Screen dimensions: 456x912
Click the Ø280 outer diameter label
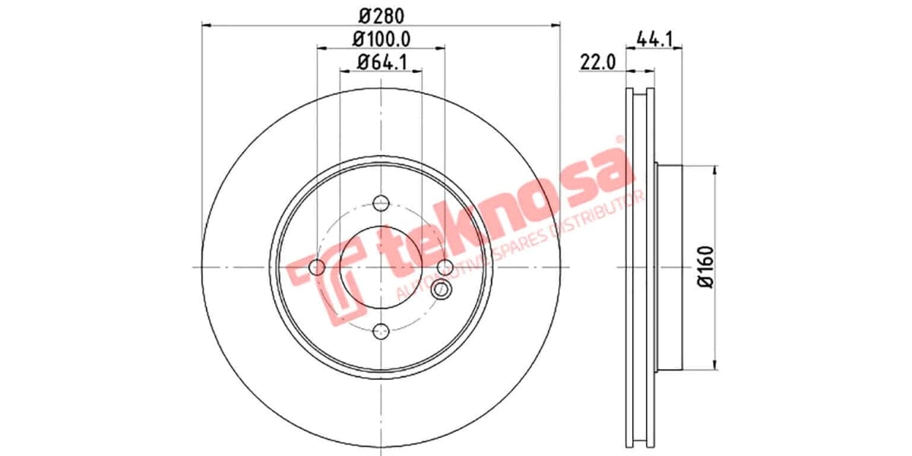click(x=380, y=14)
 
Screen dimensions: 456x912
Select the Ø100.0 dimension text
click(x=380, y=37)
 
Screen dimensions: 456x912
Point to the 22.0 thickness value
click(x=597, y=62)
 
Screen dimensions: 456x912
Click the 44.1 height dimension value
click(x=656, y=37)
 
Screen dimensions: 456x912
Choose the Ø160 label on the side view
click(x=705, y=267)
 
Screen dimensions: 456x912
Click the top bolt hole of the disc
click(x=381, y=204)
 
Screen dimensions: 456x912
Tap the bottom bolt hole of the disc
click(x=381, y=330)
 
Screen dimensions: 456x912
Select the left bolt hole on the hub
click(x=318, y=267)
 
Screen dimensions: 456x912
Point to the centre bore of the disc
click(x=381, y=267)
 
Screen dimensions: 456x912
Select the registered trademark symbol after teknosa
click(x=619, y=140)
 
